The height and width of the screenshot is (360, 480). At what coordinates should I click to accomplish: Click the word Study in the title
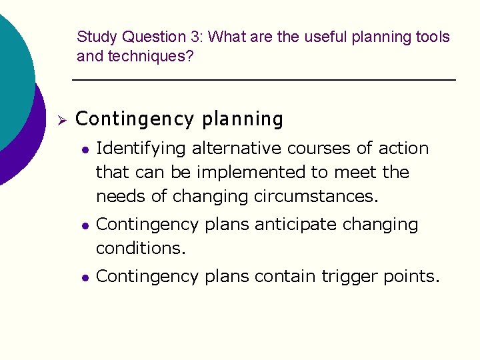(x=97, y=37)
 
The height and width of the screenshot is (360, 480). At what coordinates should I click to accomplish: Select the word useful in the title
(x=326, y=37)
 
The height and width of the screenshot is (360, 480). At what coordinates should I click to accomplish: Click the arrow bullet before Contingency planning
(x=60, y=121)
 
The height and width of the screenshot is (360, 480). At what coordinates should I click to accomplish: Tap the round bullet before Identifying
(x=84, y=149)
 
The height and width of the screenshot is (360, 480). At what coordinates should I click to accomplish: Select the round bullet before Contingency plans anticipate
(x=84, y=225)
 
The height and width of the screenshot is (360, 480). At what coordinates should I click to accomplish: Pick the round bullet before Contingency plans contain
(x=84, y=277)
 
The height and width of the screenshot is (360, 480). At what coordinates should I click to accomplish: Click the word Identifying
(x=138, y=148)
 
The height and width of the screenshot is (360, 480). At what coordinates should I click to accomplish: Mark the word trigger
(x=351, y=276)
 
